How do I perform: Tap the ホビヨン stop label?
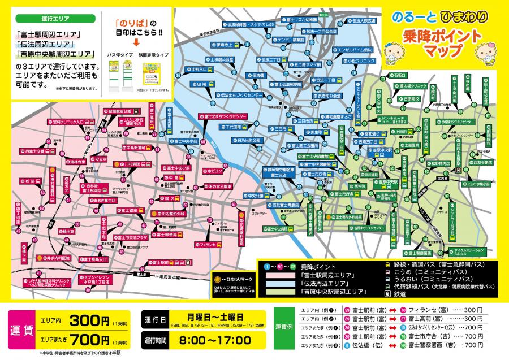point(218,170)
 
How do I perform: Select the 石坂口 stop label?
point(399,75)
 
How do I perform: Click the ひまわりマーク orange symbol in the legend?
point(217,279)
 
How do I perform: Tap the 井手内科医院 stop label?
point(57,257)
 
